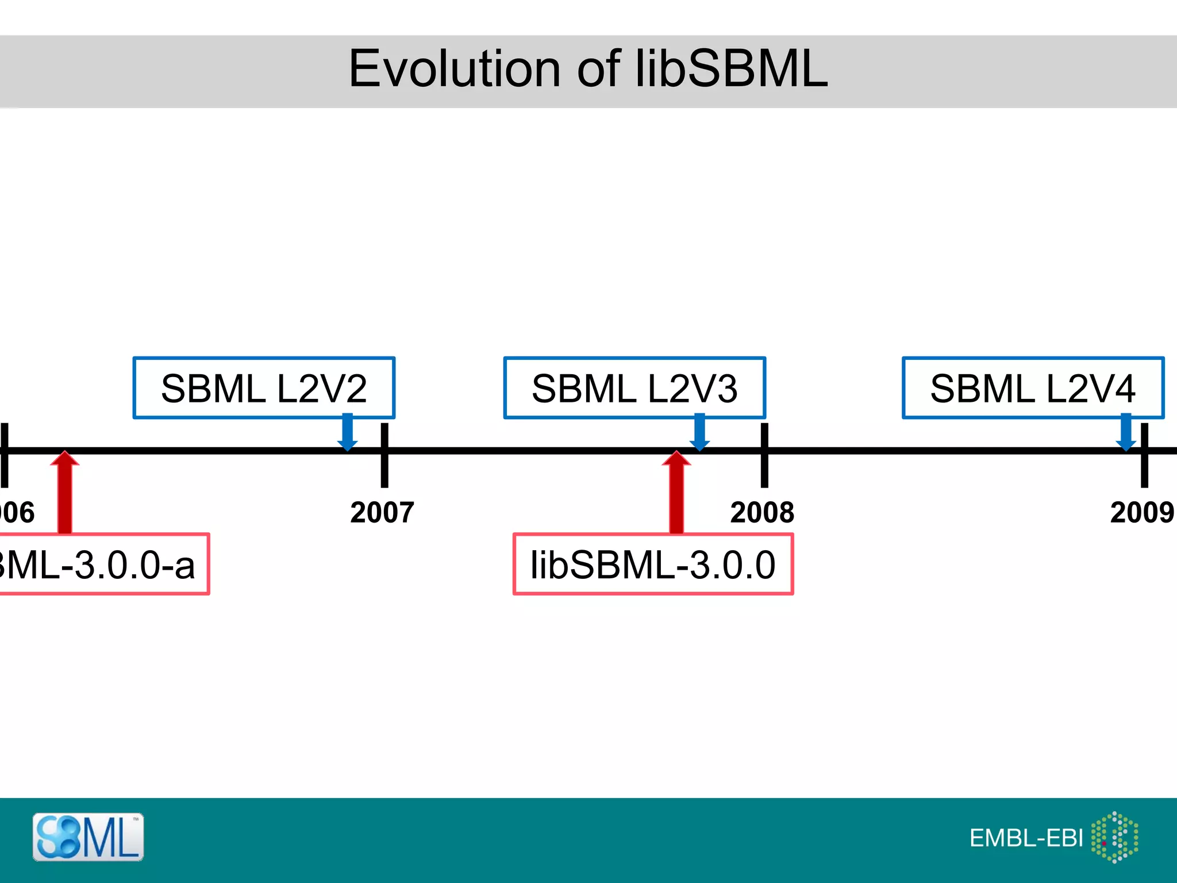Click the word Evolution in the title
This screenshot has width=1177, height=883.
(454, 69)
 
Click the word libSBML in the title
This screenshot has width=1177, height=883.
(731, 69)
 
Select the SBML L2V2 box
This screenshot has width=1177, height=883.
(264, 388)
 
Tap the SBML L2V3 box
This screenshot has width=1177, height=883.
(634, 388)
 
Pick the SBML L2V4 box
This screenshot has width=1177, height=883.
(1033, 388)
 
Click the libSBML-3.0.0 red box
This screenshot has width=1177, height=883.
(653, 565)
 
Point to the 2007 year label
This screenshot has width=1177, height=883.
(382, 512)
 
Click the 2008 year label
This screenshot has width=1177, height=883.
(762, 512)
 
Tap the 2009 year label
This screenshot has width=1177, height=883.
(1142, 512)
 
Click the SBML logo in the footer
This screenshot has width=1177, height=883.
(88, 837)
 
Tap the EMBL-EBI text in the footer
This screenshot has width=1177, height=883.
(1026, 838)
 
